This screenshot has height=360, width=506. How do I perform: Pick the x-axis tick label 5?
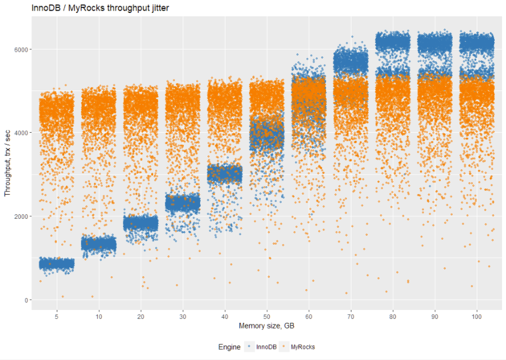57,317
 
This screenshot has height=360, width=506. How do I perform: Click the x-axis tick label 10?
99,317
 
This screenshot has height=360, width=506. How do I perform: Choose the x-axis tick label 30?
183,317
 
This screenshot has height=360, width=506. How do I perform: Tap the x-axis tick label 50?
267,317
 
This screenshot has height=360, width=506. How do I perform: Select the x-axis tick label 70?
351,317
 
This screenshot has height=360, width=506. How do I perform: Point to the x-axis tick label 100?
477,317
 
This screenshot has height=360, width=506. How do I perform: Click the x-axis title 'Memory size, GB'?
266,326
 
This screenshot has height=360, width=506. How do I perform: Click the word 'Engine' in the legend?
229,347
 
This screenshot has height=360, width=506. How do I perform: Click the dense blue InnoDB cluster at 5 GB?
57,263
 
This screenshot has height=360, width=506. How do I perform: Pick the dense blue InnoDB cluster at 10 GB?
99,244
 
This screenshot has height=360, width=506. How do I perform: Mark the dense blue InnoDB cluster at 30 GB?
183,202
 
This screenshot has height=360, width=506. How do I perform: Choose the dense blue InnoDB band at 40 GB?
225,174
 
